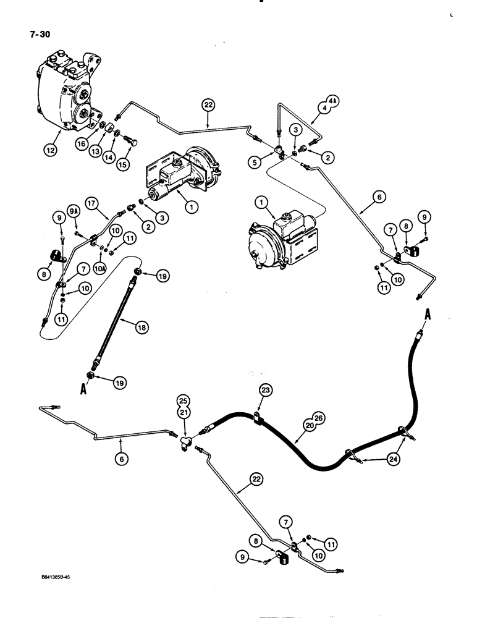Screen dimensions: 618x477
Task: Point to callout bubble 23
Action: point(266,390)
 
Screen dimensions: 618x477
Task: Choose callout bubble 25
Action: point(183,400)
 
